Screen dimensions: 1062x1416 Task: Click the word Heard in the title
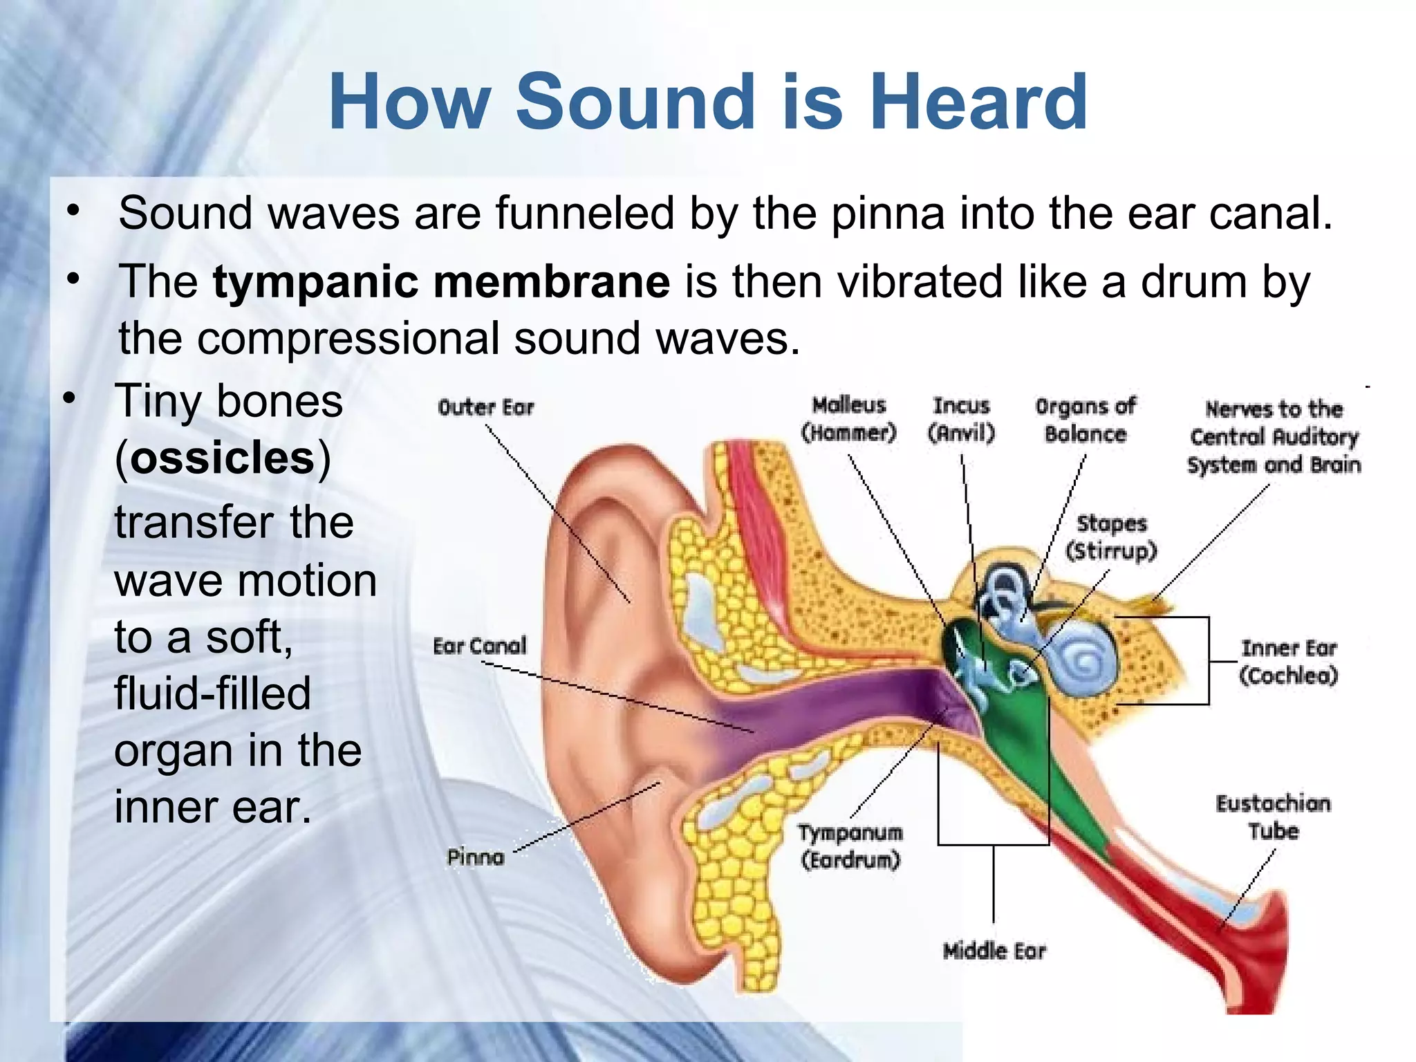click(978, 102)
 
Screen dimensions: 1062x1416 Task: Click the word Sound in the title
click(635, 102)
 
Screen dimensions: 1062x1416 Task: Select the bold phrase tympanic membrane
click(441, 282)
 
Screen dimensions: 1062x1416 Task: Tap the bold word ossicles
click(223, 458)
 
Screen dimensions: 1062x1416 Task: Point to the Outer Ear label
click(486, 407)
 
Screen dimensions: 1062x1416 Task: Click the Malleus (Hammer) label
click(849, 419)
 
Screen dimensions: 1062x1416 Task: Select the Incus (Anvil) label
click(961, 419)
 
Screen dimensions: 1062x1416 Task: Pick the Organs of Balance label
click(1085, 420)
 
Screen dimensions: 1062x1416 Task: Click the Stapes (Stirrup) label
click(1111, 537)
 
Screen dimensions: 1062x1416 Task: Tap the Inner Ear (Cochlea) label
click(1289, 662)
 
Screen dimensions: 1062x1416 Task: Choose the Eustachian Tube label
click(1273, 817)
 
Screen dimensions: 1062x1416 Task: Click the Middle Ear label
click(994, 951)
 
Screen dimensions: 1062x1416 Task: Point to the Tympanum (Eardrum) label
click(850, 846)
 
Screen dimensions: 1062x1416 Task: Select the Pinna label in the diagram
click(476, 857)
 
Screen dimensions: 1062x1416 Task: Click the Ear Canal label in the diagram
click(479, 646)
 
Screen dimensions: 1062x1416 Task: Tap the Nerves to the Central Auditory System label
click(1274, 437)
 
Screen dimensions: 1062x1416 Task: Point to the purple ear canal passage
click(830, 712)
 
